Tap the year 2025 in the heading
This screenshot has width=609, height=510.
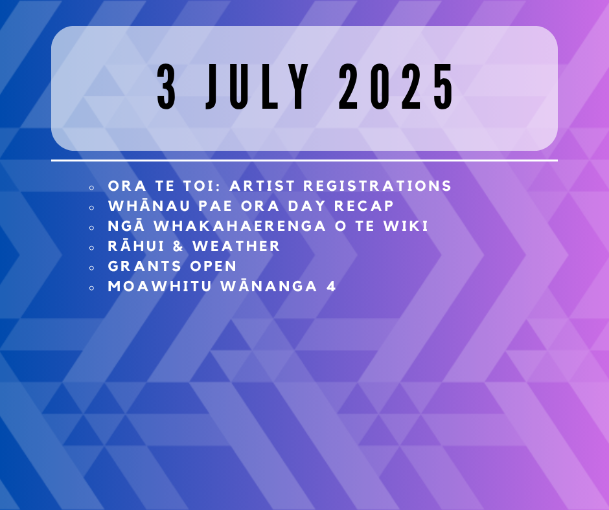[x=396, y=87]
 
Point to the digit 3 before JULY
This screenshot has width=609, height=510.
[x=167, y=87]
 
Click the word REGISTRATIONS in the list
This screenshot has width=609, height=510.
[x=377, y=186]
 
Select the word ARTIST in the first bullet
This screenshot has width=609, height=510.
[x=262, y=186]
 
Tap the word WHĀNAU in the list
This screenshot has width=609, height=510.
[x=149, y=206]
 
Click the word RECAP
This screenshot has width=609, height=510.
[x=364, y=206]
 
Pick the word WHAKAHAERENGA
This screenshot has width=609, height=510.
[x=240, y=227]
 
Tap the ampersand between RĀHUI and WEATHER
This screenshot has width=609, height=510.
[x=178, y=247]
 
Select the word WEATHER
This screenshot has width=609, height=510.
[x=236, y=247]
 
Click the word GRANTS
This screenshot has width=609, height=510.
[x=144, y=267]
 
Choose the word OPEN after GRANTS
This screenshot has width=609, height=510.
[x=213, y=267]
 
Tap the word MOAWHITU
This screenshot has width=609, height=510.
[x=159, y=287]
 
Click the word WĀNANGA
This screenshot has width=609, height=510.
[x=269, y=287]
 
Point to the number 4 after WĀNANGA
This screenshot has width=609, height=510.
[x=331, y=287]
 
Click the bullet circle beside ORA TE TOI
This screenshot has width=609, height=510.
[x=91, y=188]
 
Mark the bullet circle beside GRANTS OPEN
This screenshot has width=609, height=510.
[x=91, y=268]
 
